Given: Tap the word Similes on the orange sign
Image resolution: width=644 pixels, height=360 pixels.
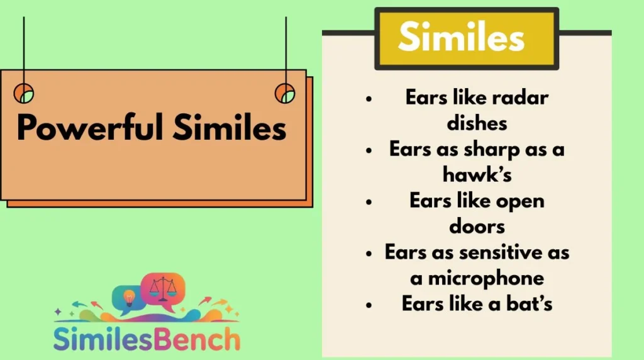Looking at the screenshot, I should [x=230, y=128].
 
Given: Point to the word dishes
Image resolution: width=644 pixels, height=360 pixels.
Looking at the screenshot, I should [x=477, y=122].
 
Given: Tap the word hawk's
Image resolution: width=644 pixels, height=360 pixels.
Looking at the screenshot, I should [x=477, y=174].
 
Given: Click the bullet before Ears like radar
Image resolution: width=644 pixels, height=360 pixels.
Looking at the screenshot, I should [x=369, y=99].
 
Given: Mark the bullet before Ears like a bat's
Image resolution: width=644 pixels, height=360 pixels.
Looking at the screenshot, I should [x=369, y=304].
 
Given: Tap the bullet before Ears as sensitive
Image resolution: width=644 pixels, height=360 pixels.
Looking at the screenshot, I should [x=369, y=253].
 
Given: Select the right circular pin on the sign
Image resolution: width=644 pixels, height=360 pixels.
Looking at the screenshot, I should [x=285, y=93].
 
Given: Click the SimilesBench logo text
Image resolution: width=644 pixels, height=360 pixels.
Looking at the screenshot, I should [x=146, y=338].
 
